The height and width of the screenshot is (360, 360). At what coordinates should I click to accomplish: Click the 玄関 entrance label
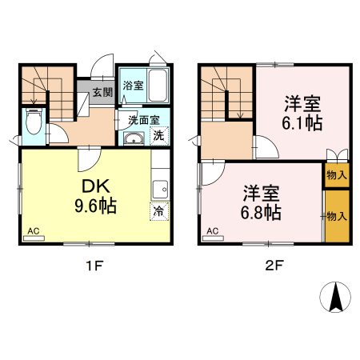tap(102, 92)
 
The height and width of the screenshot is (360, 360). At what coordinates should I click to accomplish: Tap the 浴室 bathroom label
tap(133, 86)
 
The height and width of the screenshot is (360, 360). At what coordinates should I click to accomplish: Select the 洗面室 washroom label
tap(144, 120)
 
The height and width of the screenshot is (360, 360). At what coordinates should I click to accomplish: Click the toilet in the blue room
tap(33, 122)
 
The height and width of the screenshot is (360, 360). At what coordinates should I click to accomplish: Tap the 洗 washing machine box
tap(158, 136)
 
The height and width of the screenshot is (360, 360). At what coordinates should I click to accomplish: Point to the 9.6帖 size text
tap(96, 206)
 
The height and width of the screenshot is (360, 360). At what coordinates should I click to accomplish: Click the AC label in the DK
tap(34, 232)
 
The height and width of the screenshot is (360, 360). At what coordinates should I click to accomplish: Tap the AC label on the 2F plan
tap(213, 232)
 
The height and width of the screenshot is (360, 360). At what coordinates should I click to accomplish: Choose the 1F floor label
tap(95, 263)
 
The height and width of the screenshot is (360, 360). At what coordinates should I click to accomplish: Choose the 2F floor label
tap(274, 263)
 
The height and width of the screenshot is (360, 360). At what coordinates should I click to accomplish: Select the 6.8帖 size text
tap(262, 213)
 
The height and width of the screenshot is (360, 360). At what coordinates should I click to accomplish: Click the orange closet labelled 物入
tap(337, 216)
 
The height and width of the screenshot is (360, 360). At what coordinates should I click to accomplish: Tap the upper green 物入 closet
tap(337, 174)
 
